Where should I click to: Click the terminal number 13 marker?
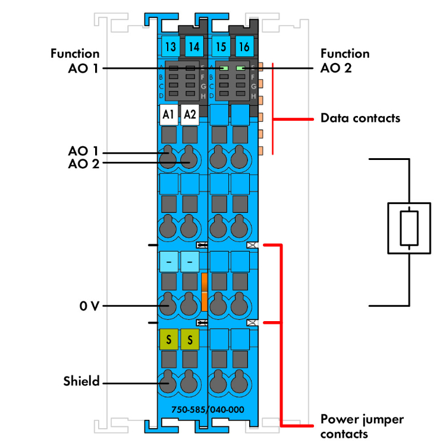(170, 46)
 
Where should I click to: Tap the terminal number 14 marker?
(192, 46)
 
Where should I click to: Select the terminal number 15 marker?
(221, 46)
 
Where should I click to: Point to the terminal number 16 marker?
(243, 46)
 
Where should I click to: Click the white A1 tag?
(168, 114)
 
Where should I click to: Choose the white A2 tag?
(190, 114)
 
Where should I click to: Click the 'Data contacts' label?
(360, 118)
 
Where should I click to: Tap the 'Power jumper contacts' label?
(362, 426)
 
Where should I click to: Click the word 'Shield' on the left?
(81, 381)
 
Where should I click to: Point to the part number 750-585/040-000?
(208, 409)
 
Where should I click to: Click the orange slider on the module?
(203, 292)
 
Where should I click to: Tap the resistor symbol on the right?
(409, 227)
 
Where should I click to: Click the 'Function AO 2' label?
(344, 61)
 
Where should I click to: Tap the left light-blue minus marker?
(168, 261)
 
